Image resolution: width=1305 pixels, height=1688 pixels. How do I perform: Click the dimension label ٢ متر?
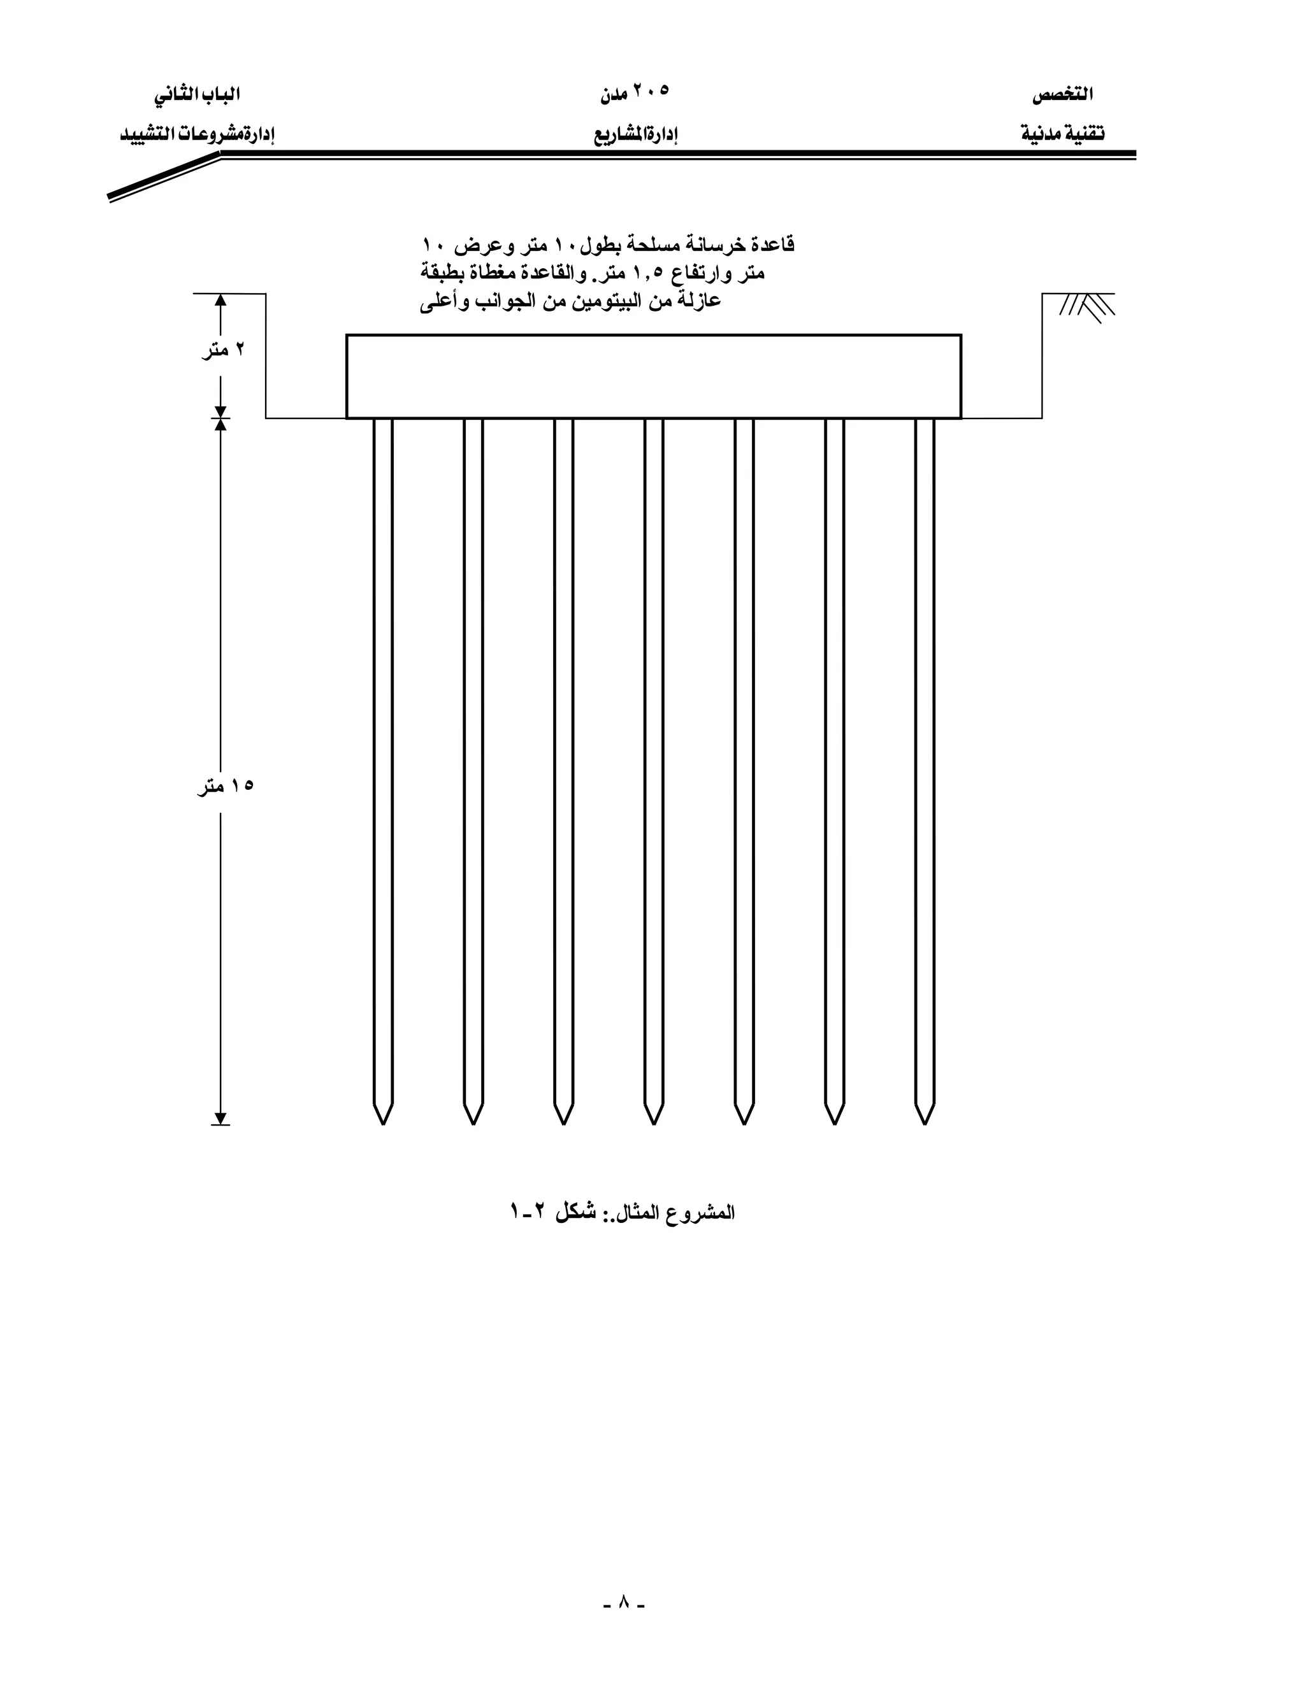coord(224,350)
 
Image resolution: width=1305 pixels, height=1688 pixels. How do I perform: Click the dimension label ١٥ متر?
coord(225,787)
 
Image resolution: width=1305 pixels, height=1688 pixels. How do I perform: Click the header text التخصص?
coord(1062,95)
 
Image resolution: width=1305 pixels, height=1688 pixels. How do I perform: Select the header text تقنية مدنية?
coord(1062,134)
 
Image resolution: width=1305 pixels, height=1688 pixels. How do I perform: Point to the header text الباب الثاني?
coord(196,94)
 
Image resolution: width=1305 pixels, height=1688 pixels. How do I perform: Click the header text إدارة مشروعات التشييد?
coord(198,134)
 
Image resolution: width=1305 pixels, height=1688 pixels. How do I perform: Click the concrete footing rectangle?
coord(653,376)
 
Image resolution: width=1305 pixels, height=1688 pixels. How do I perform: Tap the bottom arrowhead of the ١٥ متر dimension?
coord(220,1118)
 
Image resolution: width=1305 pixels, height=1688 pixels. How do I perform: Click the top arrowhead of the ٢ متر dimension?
coord(220,301)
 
